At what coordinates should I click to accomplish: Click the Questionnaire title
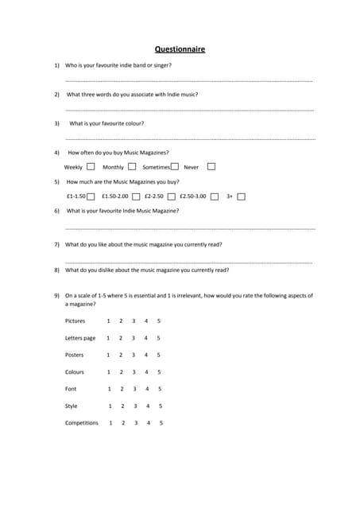(x=180, y=49)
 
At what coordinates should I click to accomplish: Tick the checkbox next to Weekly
(x=91, y=167)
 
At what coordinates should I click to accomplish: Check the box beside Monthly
(x=132, y=167)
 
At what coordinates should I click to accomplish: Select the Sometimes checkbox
(x=174, y=167)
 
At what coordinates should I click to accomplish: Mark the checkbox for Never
(x=211, y=167)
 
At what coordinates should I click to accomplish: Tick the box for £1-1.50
(x=91, y=196)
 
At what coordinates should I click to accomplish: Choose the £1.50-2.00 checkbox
(x=137, y=196)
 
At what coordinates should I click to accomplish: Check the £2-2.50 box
(x=172, y=196)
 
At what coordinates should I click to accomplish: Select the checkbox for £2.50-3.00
(x=215, y=196)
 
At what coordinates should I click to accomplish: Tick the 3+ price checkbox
(x=242, y=196)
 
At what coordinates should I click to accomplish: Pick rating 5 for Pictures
(x=158, y=321)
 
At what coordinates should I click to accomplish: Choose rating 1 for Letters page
(x=108, y=338)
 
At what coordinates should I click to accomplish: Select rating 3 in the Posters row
(x=133, y=356)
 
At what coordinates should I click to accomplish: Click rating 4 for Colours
(x=146, y=372)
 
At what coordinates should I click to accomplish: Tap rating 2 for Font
(x=122, y=389)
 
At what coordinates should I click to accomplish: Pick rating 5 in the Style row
(x=161, y=406)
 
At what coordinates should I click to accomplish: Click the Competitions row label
(x=81, y=423)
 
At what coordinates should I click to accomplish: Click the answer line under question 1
(x=188, y=81)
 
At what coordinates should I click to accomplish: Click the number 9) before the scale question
(x=56, y=295)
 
